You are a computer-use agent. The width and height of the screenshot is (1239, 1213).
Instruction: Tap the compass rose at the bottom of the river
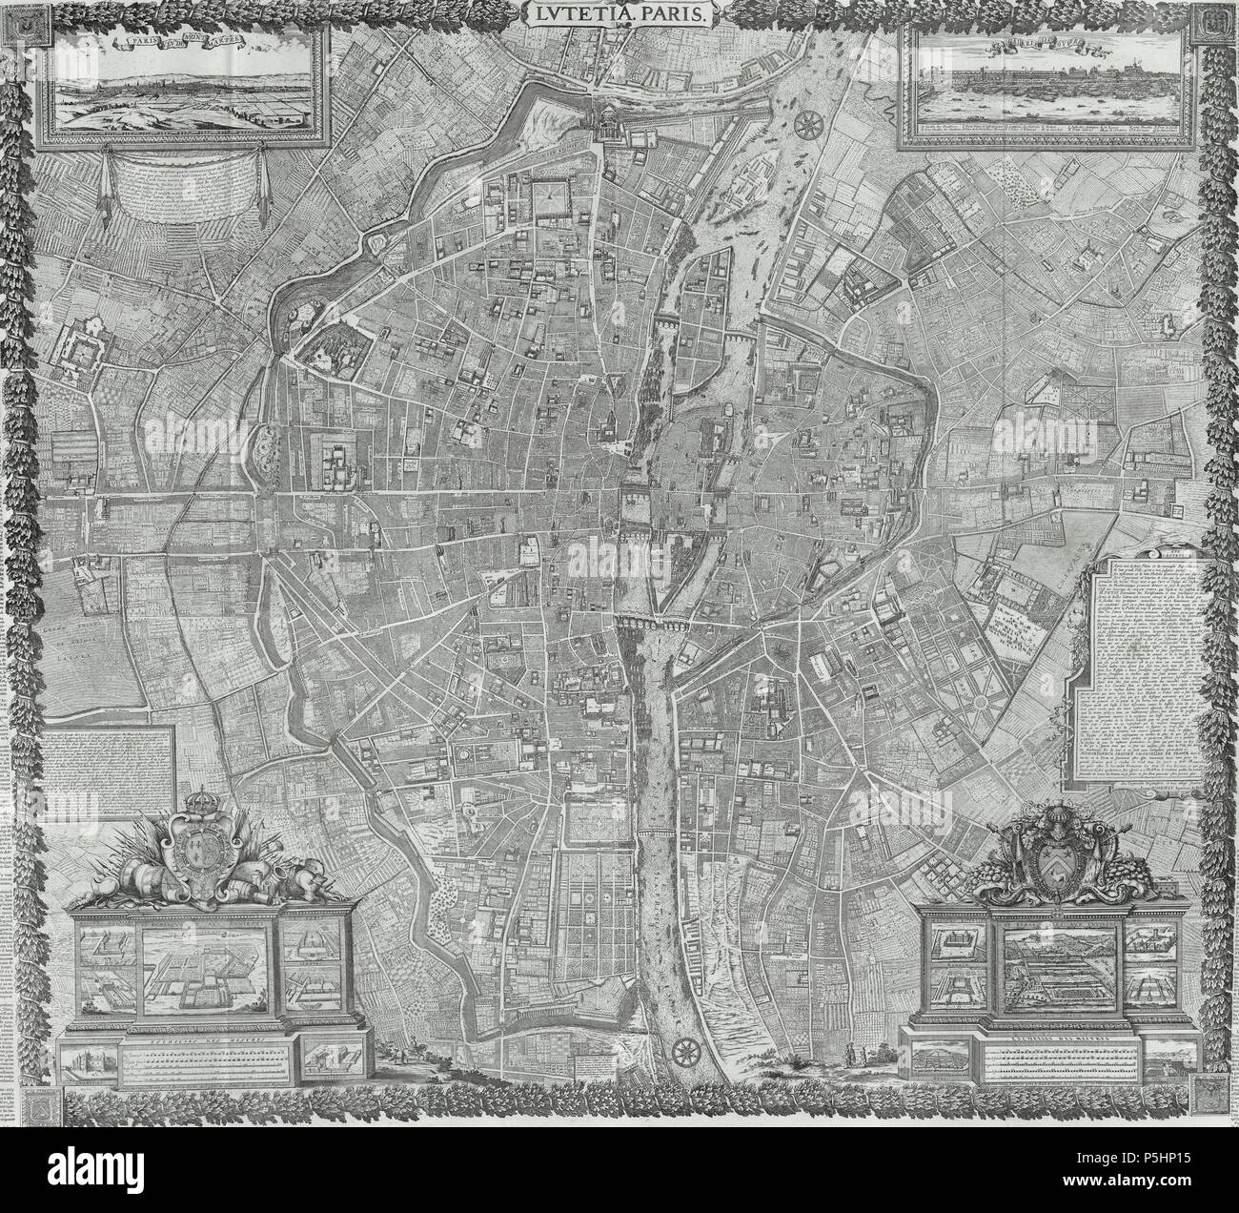point(684,1052)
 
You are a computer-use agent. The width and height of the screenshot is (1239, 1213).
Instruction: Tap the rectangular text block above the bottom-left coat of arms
point(112,771)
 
